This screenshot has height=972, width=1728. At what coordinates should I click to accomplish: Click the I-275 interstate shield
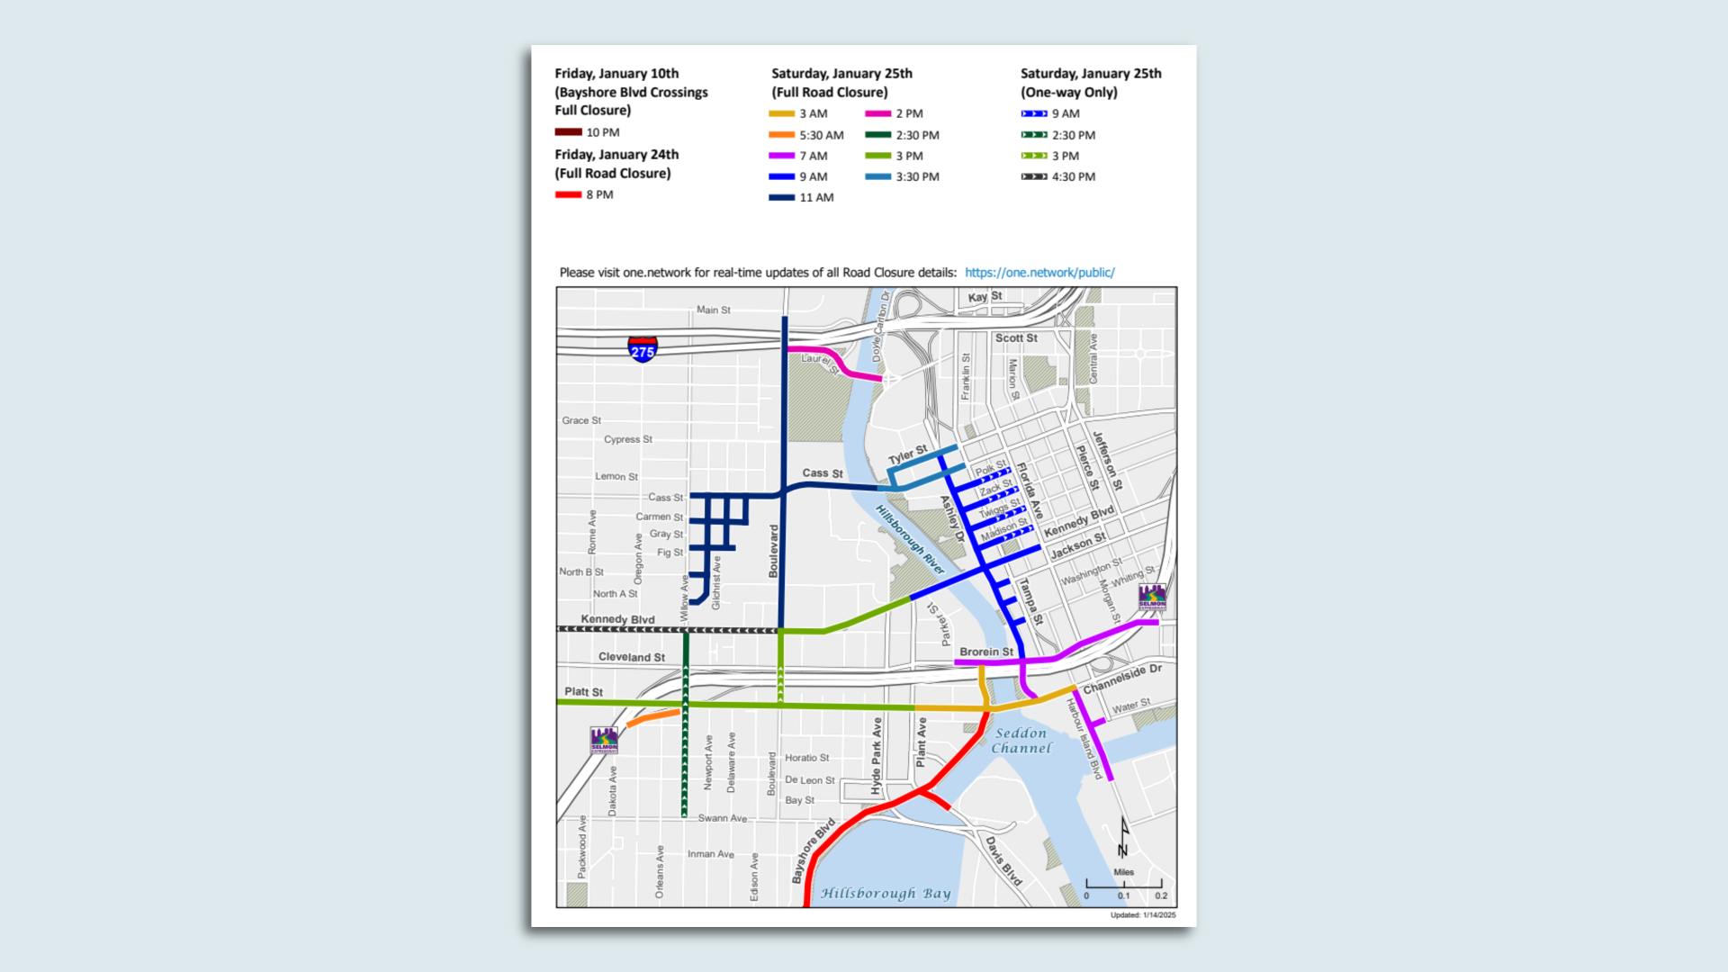643,348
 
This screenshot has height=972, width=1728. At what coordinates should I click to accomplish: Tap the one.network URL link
1039,273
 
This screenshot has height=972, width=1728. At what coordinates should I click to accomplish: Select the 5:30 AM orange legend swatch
781,135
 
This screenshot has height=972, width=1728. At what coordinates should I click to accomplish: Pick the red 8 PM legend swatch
568,195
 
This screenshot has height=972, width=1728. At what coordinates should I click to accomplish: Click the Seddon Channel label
1021,741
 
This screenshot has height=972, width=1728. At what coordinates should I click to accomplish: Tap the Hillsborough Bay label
886,894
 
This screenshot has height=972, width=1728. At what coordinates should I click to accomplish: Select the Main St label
713,310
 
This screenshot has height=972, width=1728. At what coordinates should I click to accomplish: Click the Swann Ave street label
722,819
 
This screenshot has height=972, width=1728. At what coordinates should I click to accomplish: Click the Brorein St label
985,652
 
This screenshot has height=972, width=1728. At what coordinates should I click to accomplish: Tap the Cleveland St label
631,658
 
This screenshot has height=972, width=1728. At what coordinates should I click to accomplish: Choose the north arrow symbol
1123,838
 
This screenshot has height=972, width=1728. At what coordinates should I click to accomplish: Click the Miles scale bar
1123,885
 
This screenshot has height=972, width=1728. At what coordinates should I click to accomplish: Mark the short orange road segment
653,717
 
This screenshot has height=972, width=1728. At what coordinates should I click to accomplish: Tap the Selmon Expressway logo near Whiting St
1152,596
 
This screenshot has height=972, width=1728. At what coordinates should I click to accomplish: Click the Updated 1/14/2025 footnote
1142,915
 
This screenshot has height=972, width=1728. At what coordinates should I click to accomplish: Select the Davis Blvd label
1003,861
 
